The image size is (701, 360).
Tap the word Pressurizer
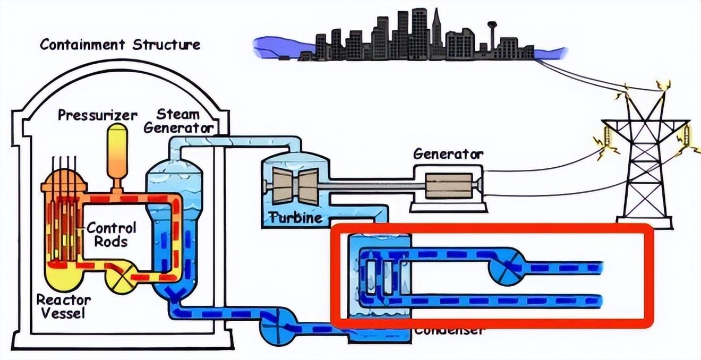98,115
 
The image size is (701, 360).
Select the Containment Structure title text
120,44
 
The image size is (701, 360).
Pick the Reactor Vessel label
63,306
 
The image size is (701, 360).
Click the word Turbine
295,218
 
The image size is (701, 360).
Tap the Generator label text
448,154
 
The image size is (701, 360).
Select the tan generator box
449,186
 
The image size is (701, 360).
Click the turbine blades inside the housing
298,185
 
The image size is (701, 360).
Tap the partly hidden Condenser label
449,331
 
